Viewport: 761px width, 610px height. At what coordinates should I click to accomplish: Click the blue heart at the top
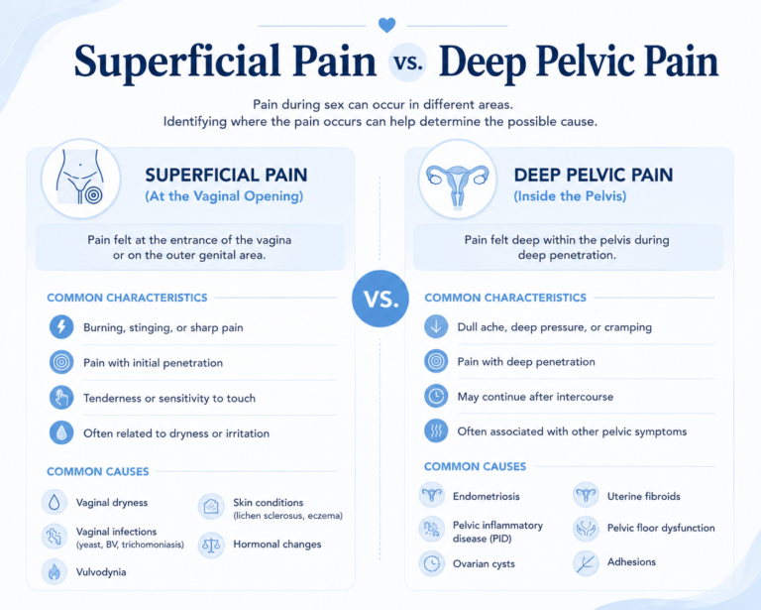[386, 25]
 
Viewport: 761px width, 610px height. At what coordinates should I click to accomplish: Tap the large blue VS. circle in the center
[380, 299]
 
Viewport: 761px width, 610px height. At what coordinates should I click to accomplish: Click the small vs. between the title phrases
[407, 62]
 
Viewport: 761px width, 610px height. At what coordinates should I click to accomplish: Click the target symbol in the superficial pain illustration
[94, 195]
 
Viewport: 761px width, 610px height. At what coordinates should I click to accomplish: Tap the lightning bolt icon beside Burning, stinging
[61, 326]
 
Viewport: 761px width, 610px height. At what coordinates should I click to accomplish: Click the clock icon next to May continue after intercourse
[436, 396]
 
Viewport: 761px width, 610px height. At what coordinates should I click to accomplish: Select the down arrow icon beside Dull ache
[436, 326]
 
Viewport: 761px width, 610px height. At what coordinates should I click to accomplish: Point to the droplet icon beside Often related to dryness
[61, 432]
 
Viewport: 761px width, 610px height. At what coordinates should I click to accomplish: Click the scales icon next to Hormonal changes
[211, 545]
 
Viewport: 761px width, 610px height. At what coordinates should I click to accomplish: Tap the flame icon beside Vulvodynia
[54, 571]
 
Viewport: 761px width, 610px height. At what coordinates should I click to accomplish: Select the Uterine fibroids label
[643, 496]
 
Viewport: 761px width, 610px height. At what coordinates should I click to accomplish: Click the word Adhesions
[631, 562]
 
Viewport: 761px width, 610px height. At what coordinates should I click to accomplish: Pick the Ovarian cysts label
[484, 563]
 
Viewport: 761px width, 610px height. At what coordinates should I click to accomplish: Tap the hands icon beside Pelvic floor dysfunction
[586, 529]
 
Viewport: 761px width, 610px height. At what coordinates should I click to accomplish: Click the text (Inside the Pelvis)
[570, 196]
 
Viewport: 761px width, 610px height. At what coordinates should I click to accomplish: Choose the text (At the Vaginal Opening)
[224, 196]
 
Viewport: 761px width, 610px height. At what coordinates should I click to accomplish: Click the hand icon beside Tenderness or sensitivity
[61, 398]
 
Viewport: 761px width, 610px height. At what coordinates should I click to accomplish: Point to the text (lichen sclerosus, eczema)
[287, 516]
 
